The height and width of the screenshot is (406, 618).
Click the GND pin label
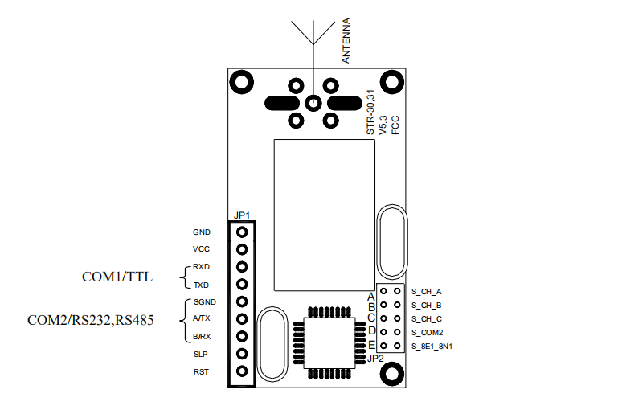click(x=201, y=232)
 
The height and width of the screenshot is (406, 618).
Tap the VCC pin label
click(x=201, y=249)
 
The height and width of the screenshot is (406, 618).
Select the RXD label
click(x=201, y=267)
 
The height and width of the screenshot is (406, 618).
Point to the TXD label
click(x=201, y=285)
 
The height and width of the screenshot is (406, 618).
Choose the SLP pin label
click(x=201, y=354)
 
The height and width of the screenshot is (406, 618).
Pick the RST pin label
click(x=201, y=371)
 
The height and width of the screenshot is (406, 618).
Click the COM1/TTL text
click(x=117, y=277)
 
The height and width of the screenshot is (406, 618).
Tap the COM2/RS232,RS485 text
click(x=90, y=320)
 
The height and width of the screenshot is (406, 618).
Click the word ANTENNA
click(x=346, y=43)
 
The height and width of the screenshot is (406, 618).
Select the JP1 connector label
click(x=242, y=215)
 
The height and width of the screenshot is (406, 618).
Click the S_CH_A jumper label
click(x=427, y=291)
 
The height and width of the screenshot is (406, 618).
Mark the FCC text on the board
click(x=395, y=125)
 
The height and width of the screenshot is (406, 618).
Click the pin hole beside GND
click(x=242, y=232)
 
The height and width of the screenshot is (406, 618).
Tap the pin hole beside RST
click(x=242, y=371)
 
